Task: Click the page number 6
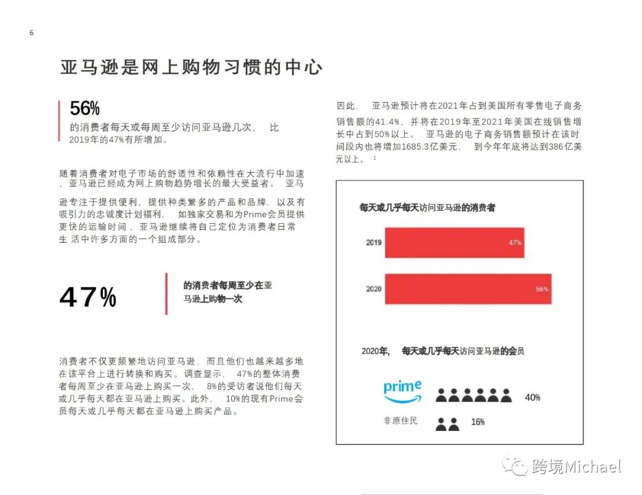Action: pos(32,33)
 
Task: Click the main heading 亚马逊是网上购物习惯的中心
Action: pos(191,67)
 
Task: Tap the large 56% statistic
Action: pos(85,109)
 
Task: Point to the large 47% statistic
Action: pos(88,297)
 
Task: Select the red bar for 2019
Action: pos(454,243)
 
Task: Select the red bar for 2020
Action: pos(468,289)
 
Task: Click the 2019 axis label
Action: pos(373,243)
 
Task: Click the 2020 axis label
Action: pos(373,289)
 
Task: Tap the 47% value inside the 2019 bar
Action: pos(515,243)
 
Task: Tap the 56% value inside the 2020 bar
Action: pos(542,289)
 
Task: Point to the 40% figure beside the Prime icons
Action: pos(532,397)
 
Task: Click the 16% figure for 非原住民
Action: pos(477,422)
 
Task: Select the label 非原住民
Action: pos(400,421)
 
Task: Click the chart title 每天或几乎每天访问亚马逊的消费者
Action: pos(427,208)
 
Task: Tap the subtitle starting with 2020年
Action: pos(443,351)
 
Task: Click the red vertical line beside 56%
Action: pos(59,120)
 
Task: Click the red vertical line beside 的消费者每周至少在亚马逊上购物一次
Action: pos(166,293)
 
